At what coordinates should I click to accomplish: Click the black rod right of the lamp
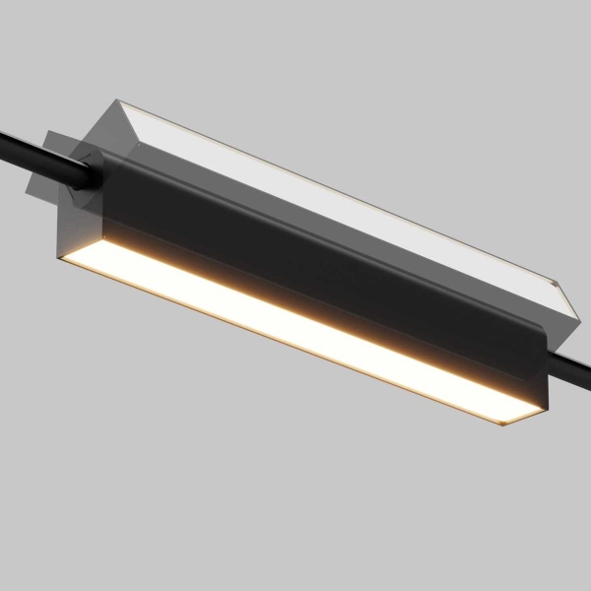[x=571, y=372]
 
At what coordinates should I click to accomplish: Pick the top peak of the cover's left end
[x=116, y=100]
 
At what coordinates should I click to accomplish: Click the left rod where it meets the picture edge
[x=3, y=135]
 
